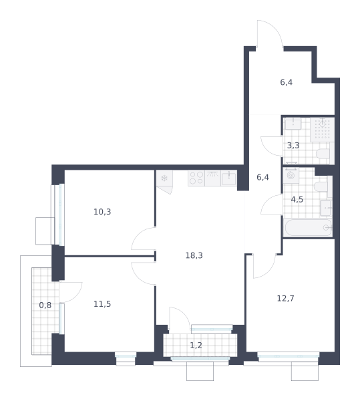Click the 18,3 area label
(194, 255)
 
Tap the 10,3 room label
(102, 212)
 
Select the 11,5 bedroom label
(102, 304)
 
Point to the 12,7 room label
(286, 298)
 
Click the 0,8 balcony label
(45, 305)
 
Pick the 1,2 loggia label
(196, 346)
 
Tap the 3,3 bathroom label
(293, 146)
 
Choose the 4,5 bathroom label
(297, 199)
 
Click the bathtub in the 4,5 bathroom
(308, 228)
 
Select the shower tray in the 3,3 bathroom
(323, 130)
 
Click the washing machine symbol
(291, 175)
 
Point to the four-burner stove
(196, 178)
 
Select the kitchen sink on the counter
(228, 178)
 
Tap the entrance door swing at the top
(270, 33)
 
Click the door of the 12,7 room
(264, 266)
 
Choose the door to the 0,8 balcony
(71, 292)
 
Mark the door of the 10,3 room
(144, 239)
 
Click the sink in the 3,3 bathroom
(293, 124)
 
